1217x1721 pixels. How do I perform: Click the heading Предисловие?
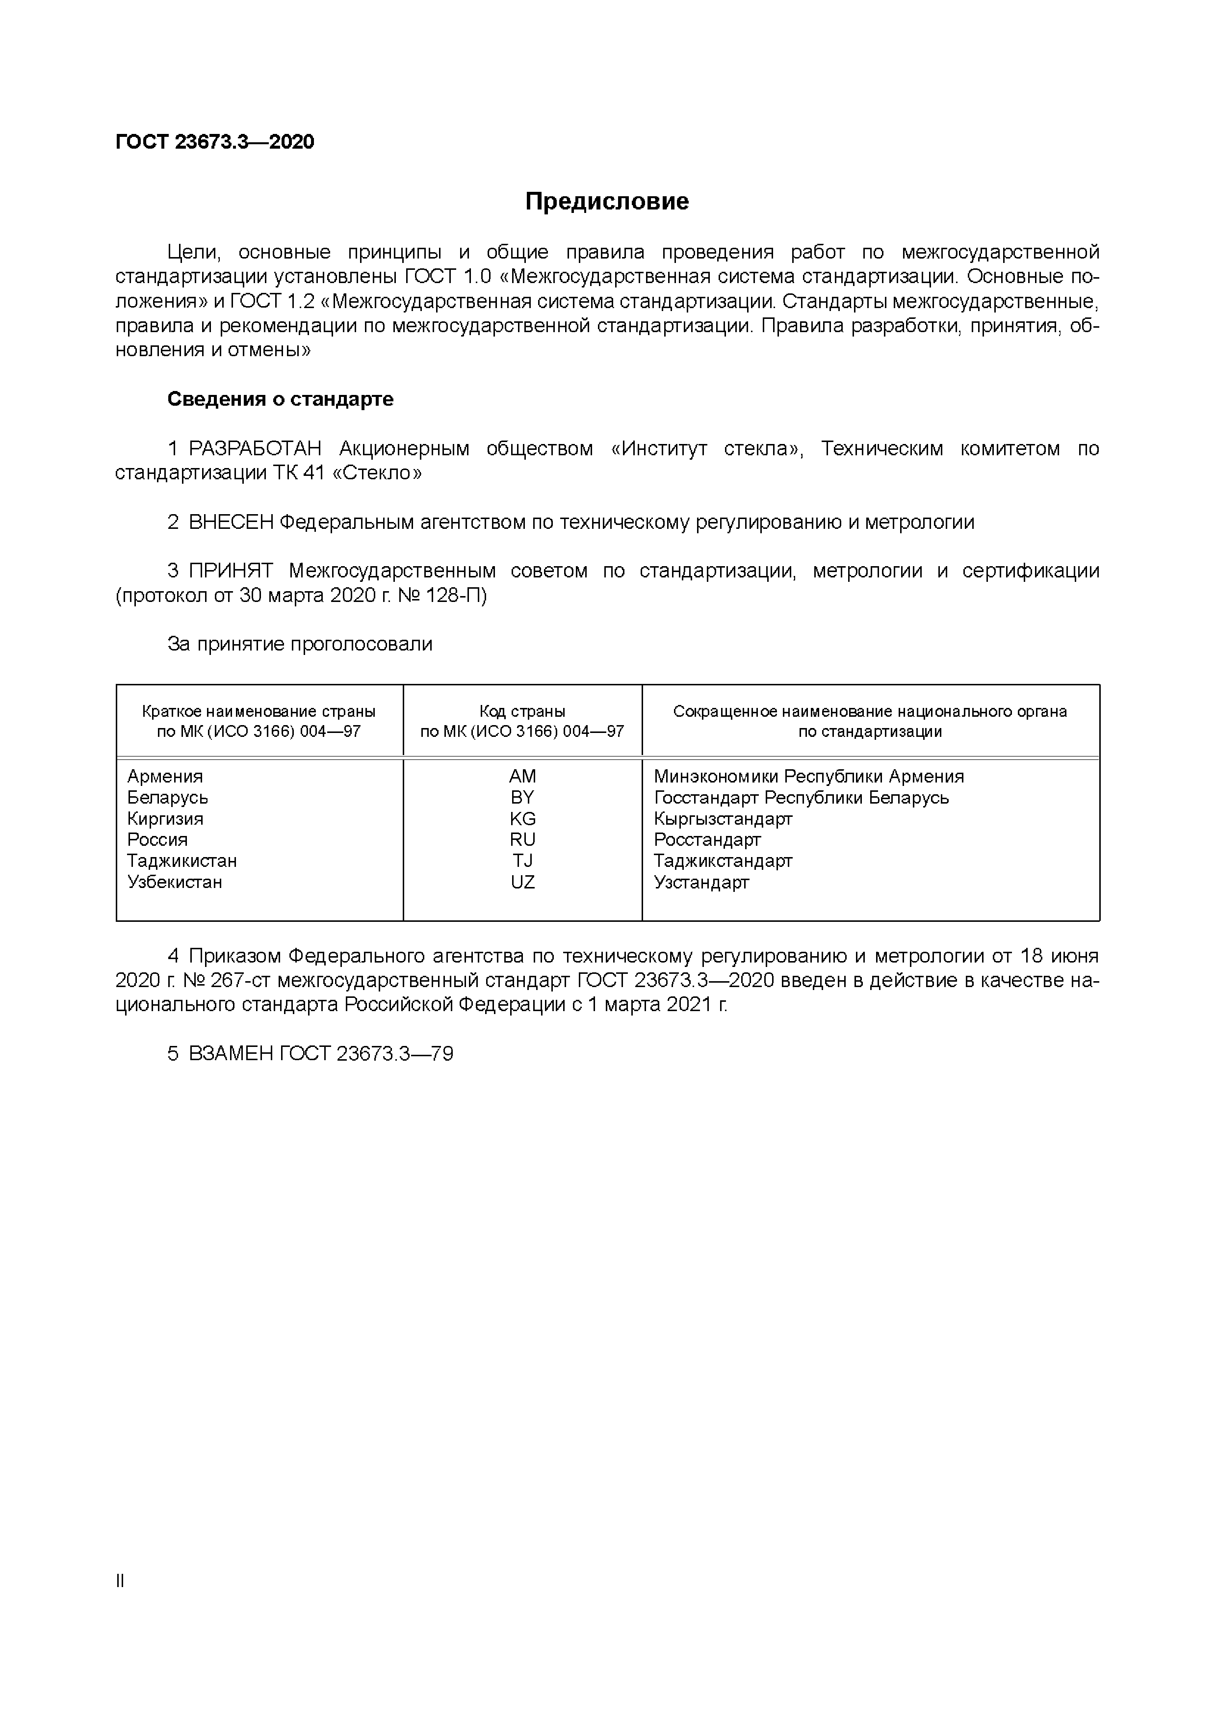[607, 202]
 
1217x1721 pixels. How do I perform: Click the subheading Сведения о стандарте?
[280, 399]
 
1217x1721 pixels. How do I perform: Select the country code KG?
[522, 818]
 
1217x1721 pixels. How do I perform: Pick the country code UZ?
[522, 882]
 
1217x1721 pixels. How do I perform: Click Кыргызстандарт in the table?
[723, 818]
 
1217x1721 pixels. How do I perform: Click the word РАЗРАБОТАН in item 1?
[255, 448]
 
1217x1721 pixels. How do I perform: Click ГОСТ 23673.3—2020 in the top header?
[215, 142]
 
